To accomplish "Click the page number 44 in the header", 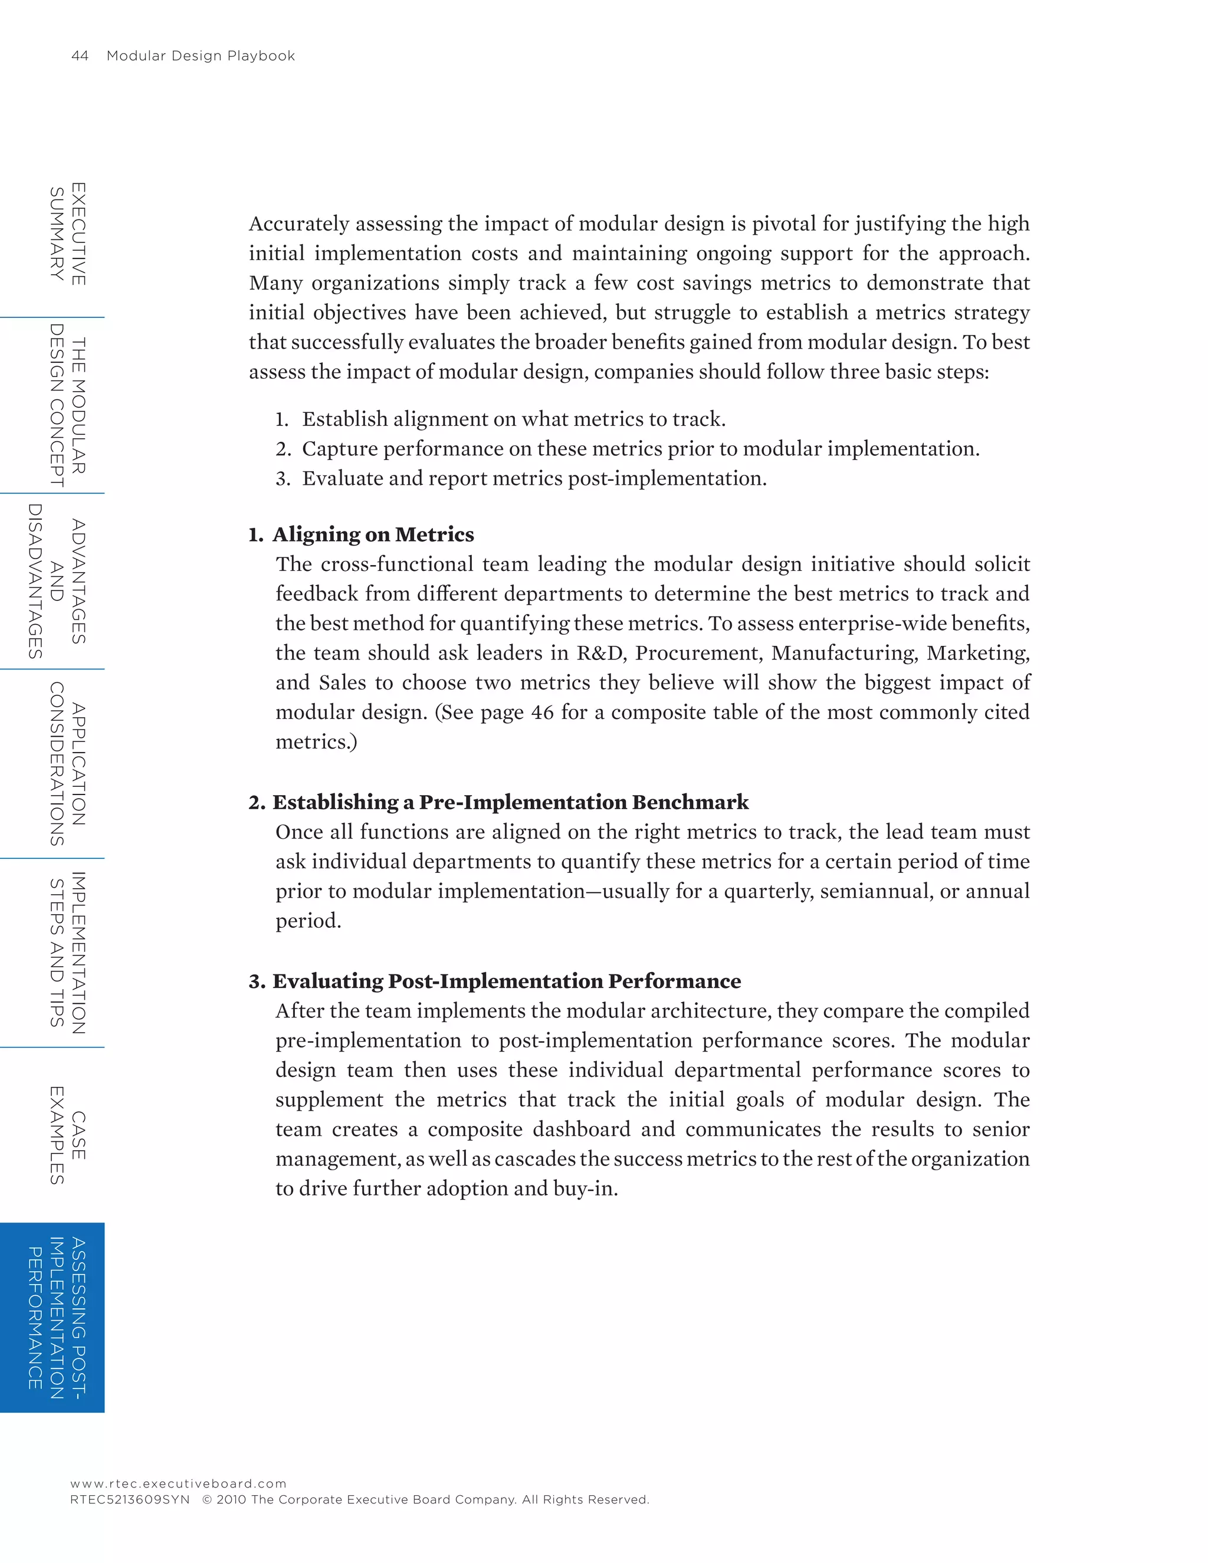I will (x=80, y=56).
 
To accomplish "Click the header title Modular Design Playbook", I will (x=201, y=56).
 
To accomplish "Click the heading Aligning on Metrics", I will (x=372, y=534).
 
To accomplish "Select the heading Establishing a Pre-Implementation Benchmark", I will (x=510, y=802).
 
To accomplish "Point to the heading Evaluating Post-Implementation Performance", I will (x=506, y=981).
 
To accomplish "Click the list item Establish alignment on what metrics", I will (x=513, y=419).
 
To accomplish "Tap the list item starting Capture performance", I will (x=640, y=449).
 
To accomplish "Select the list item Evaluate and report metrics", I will (x=533, y=478).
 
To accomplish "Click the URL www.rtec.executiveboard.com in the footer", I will (x=178, y=1483).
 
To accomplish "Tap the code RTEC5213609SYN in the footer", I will (x=130, y=1499).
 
